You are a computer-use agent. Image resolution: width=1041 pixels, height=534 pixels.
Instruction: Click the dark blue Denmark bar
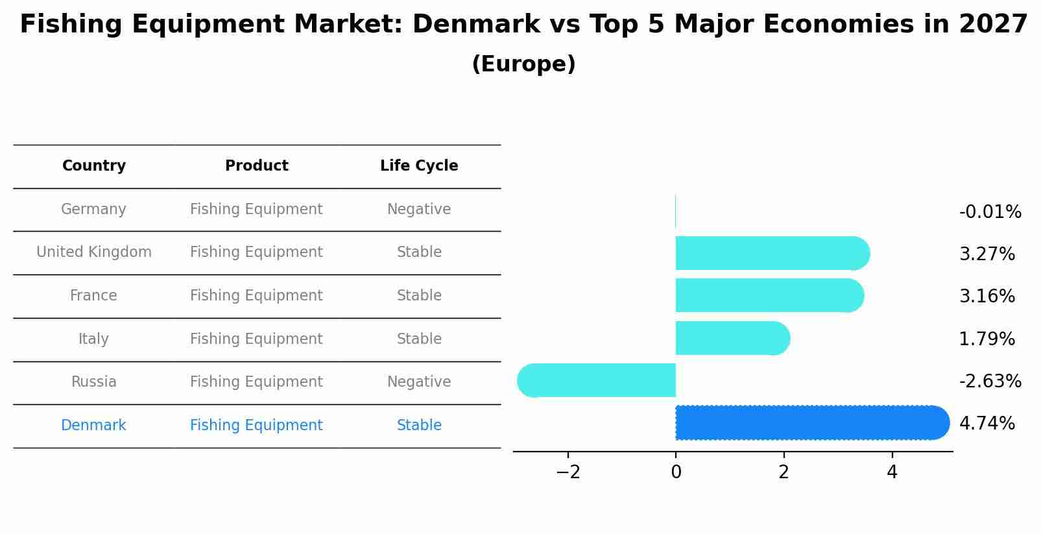click(811, 422)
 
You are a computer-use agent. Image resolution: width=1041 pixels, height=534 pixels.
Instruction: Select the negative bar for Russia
click(597, 380)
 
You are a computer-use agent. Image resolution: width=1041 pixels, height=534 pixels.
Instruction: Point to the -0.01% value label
click(990, 212)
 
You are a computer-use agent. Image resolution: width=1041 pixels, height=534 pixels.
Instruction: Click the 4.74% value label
click(987, 424)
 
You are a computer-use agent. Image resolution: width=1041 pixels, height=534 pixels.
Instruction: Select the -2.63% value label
click(990, 381)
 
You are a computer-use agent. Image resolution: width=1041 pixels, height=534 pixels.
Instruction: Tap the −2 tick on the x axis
click(568, 472)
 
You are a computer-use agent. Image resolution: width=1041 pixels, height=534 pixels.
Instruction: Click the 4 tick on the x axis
click(892, 472)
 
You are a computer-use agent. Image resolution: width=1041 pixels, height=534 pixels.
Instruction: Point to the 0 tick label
click(676, 472)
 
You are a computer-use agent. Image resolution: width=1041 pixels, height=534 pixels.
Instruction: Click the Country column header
click(94, 166)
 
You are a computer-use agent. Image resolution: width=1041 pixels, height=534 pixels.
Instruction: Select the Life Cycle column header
click(419, 166)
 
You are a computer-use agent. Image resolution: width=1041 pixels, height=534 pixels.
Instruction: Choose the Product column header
click(256, 166)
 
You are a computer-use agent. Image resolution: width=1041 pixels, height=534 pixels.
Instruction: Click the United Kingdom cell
click(94, 252)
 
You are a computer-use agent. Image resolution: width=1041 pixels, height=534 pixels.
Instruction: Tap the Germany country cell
click(93, 210)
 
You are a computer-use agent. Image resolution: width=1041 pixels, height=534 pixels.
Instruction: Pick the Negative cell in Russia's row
click(419, 382)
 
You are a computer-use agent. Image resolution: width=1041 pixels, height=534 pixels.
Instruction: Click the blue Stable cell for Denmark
click(419, 426)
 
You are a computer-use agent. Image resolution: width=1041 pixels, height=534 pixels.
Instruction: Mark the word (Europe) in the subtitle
click(523, 64)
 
